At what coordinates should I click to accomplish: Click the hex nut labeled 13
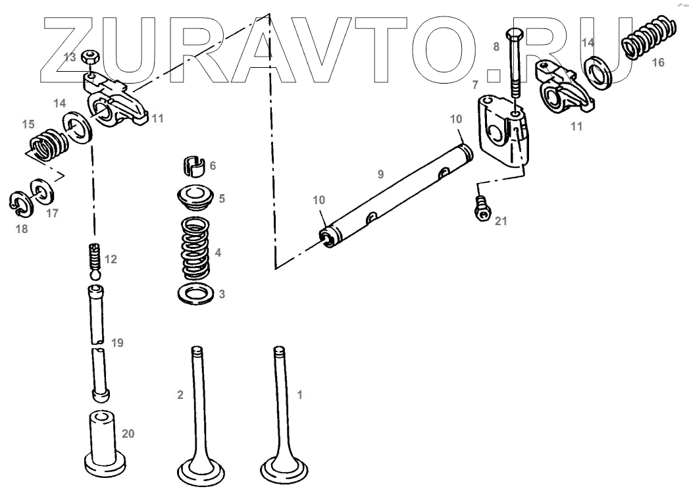91,57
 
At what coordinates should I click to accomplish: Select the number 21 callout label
501,221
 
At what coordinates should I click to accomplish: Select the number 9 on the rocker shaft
380,174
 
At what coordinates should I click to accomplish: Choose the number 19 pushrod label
117,343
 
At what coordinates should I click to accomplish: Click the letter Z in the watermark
69,49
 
